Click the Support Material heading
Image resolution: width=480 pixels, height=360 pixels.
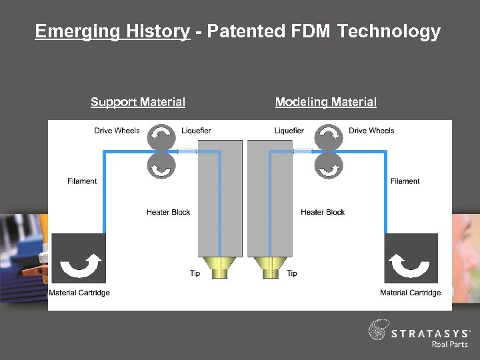coord(138,102)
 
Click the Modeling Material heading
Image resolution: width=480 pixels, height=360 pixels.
coord(325,102)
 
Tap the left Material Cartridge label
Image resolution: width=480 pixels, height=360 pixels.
coord(79,293)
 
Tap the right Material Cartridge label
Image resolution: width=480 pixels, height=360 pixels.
coord(410,293)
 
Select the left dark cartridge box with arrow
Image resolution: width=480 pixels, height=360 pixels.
coord(78,259)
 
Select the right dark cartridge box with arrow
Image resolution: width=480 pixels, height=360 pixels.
coord(411,259)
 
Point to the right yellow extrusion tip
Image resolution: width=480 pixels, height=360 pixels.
coord(270,268)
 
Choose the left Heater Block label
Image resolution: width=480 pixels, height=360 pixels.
coord(168,212)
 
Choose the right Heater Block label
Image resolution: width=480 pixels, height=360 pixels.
coord(323,212)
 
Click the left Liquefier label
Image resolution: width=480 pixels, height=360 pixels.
coord(196,131)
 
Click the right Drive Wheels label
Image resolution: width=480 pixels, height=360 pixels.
coord(371,131)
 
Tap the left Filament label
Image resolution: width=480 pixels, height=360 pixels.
coord(82,181)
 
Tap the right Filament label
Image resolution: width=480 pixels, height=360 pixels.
coord(405,181)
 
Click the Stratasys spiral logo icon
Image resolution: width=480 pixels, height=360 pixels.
coord(378,331)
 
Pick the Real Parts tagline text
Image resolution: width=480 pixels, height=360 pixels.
coord(450,344)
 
